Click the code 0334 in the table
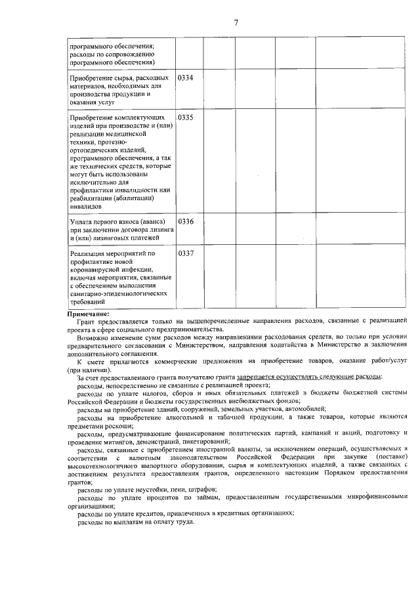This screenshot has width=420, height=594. (x=186, y=78)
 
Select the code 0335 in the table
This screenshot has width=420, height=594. (x=186, y=117)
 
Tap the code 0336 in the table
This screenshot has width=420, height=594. (x=186, y=221)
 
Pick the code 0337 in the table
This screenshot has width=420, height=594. (x=186, y=253)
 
